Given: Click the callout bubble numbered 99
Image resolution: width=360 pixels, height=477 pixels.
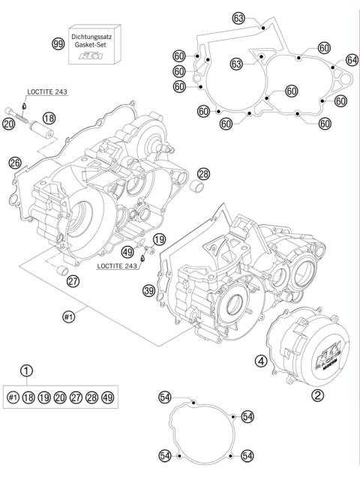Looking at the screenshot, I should click(x=57, y=45).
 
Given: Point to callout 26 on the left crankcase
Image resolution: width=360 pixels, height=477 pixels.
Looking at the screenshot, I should click(x=14, y=162).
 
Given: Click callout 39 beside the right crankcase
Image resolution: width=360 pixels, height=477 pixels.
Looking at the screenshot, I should click(x=148, y=290).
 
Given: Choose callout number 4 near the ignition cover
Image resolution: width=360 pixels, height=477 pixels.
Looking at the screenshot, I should click(x=262, y=361).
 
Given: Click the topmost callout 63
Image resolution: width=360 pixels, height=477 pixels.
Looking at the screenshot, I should click(x=239, y=19).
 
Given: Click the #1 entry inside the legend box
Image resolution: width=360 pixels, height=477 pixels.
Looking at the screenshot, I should click(x=13, y=397).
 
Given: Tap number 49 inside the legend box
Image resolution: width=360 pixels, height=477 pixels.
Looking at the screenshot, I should click(x=110, y=397).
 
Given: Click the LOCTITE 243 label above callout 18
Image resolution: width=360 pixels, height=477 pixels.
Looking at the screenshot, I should click(x=48, y=91).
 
